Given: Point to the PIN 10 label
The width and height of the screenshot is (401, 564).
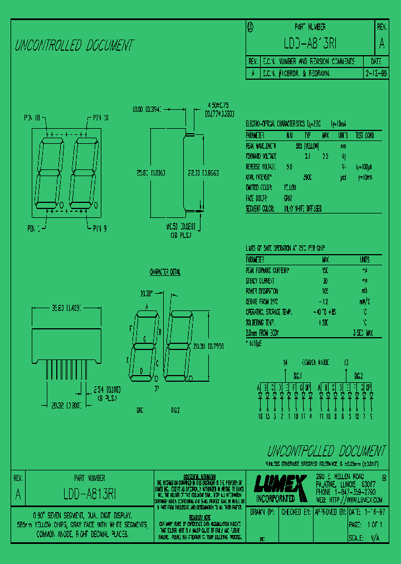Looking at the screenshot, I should coord(98,118).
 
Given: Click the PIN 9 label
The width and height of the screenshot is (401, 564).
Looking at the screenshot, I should coord(97,228).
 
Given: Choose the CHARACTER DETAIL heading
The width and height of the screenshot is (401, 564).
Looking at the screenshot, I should coord(165,272).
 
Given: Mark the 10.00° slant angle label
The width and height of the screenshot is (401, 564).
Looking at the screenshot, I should coord(146,293).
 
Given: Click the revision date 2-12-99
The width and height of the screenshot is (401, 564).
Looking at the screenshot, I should coord(376,73).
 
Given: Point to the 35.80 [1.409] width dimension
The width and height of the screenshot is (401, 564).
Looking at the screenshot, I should coord(67,307).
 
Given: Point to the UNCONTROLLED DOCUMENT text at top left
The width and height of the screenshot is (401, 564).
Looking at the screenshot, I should coord(74,46).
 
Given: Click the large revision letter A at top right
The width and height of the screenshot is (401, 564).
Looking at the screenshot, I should coord(382,43).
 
